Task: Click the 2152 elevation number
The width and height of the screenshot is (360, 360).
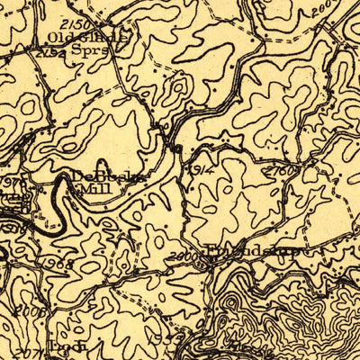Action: click(x=50, y=53)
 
